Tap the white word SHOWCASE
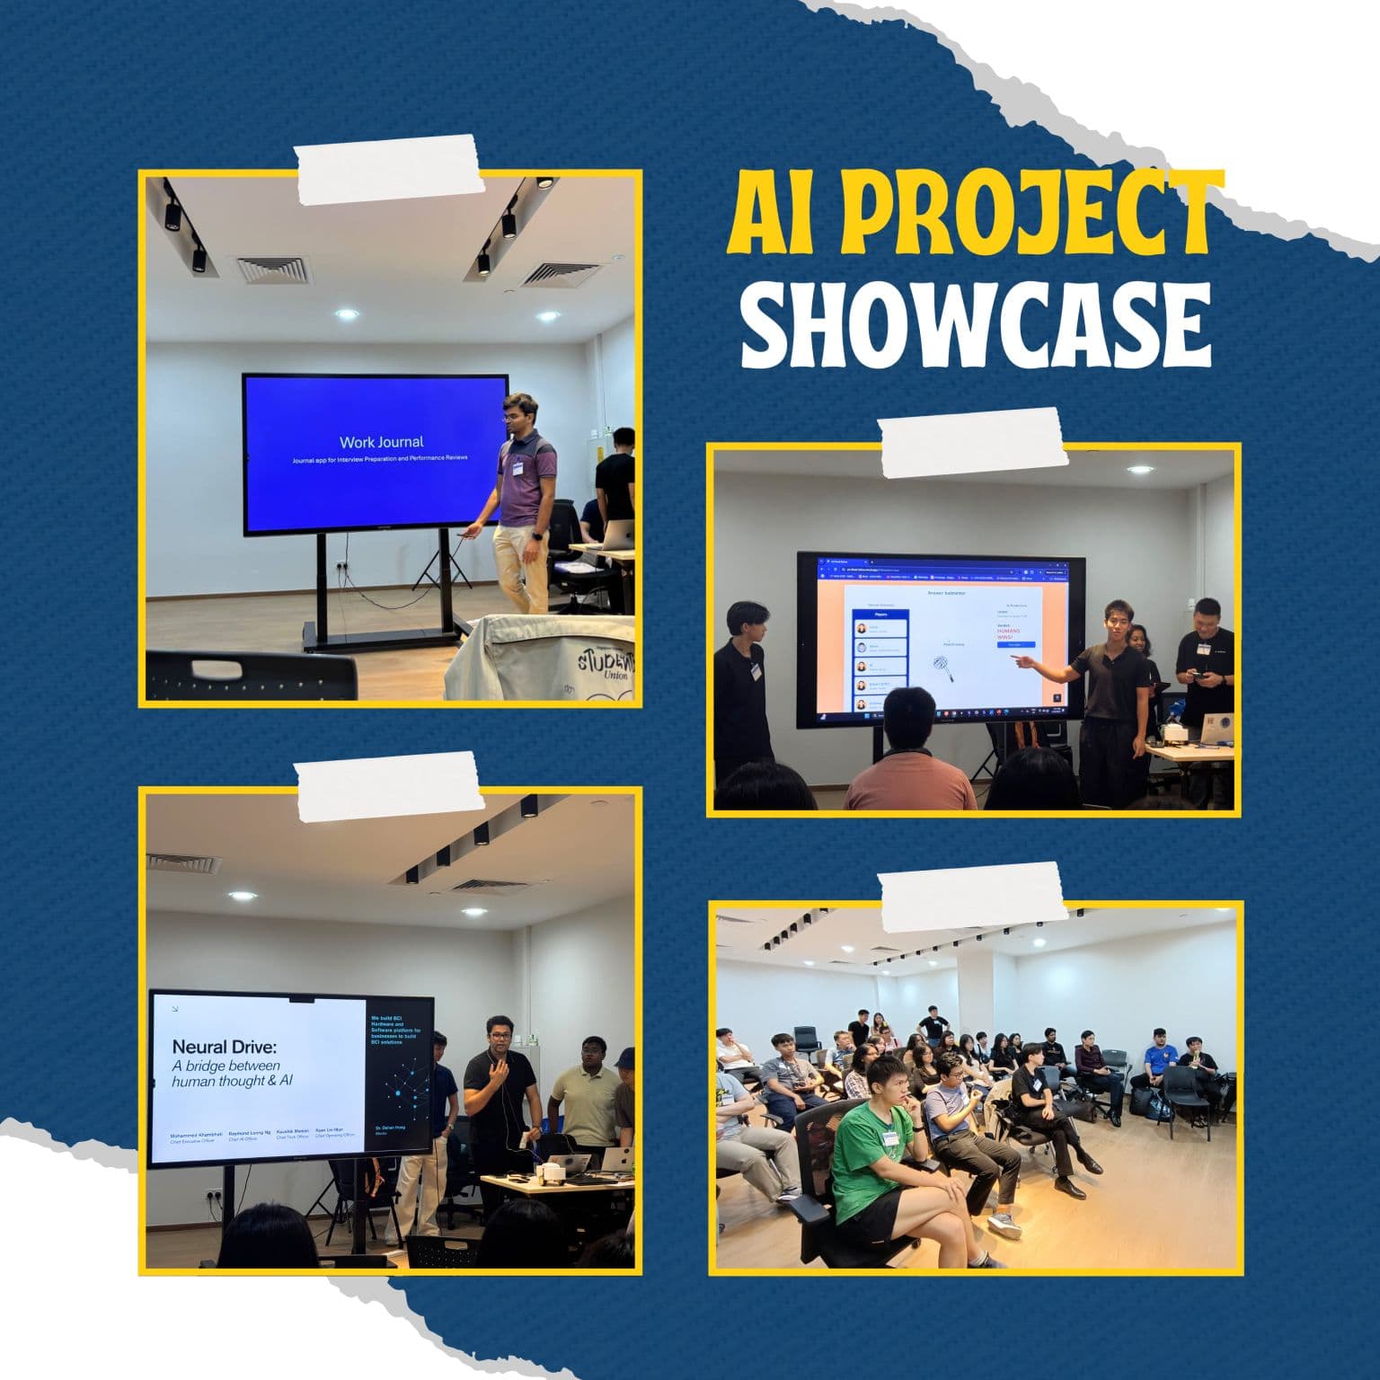[976, 323]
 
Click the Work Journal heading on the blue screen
[381, 442]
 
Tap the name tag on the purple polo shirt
[518, 466]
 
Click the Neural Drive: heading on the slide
[225, 1047]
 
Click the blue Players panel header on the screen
[880, 617]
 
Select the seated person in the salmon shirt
[907, 764]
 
